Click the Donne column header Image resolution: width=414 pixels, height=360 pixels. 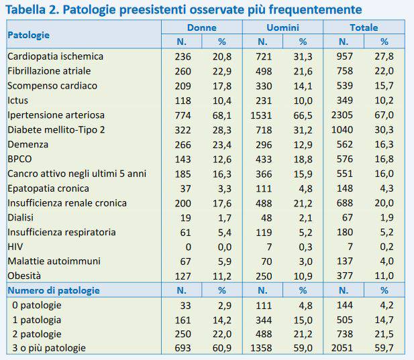(x=201, y=27)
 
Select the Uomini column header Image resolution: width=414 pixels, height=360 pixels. (x=282, y=27)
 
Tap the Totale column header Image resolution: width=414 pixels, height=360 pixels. (x=364, y=27)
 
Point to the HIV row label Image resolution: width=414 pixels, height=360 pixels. (x=15, y=247)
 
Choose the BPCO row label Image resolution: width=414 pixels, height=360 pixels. (x=20, y=159)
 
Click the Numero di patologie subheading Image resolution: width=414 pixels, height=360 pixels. (x=53, y=290)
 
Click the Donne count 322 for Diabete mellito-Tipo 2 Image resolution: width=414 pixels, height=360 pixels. (x=183, y=129)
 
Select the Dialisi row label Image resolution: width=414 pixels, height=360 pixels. (x=21, y=217)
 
